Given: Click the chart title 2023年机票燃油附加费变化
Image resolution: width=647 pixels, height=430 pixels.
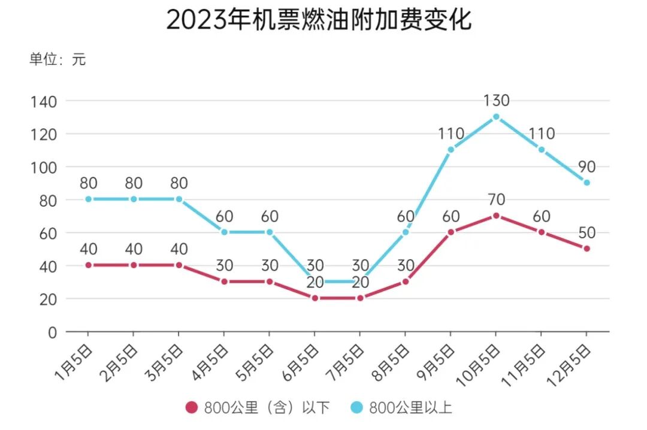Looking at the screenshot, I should click(318, 20).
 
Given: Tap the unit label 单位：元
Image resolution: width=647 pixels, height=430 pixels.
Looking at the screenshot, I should click(58, 59).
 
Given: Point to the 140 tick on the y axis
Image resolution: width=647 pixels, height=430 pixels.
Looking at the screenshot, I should click(44, 101).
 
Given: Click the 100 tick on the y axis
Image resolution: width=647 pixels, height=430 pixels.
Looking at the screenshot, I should click(44, 167).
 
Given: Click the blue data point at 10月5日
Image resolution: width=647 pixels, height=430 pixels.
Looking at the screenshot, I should click(496, 117).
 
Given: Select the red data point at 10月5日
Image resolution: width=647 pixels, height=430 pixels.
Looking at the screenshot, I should click(496, 216).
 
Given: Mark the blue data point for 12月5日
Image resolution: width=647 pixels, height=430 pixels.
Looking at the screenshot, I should click(586, 183).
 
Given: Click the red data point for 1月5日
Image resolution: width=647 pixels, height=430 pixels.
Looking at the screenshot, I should click(89, 265).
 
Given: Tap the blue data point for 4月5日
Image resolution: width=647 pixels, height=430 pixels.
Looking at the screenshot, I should click(224, 232).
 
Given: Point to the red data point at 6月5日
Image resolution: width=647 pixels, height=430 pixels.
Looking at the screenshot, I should click(315, 298).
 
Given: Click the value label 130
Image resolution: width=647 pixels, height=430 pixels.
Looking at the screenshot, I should click(497, 101).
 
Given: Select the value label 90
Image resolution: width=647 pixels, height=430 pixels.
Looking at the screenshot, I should click(586, 166).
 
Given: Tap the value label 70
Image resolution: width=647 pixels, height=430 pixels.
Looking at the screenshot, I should click(497, 199).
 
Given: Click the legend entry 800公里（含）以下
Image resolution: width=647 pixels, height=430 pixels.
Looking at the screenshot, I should click(258, 408).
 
